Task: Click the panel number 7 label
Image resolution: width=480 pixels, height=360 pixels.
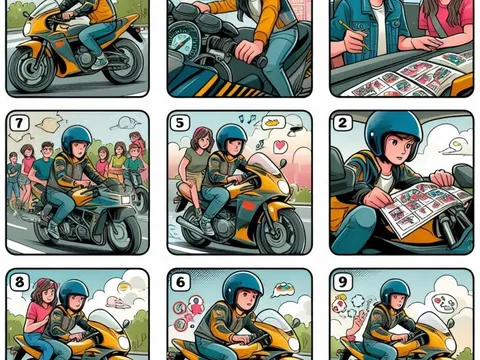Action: pyautogui.click(x=19, y=123)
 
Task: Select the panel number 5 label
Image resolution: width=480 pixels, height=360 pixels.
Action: pyautogui.click(x=180, y=123)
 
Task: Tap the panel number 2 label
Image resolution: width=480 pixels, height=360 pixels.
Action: pyautogui.click(x=342, y=123)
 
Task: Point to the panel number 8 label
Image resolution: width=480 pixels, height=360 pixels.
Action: pyautogui.click(x=19, y=282)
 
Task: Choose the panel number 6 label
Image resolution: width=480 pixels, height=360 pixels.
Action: pyautogui.click(x=180, y=282)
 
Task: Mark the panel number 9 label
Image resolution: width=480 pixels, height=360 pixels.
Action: pyautogui.click(x=343, y=282)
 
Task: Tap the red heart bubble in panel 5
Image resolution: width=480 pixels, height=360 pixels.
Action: pyautogui.click(x=280, y=146)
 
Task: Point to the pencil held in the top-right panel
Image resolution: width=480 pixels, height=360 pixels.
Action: pyautogui.click(x=354, y=35)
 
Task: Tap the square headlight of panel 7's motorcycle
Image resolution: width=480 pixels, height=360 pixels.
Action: pyautogui.click(x=126, y=200)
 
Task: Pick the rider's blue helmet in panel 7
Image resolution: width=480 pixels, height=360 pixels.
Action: pyautogui.click(x=77, y=139)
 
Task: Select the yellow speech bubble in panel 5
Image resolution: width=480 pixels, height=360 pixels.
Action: pyautogui.click(x=274, y=123)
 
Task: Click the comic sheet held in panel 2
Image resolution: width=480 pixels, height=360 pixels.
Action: pyautogui.click(x=426, y=207)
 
